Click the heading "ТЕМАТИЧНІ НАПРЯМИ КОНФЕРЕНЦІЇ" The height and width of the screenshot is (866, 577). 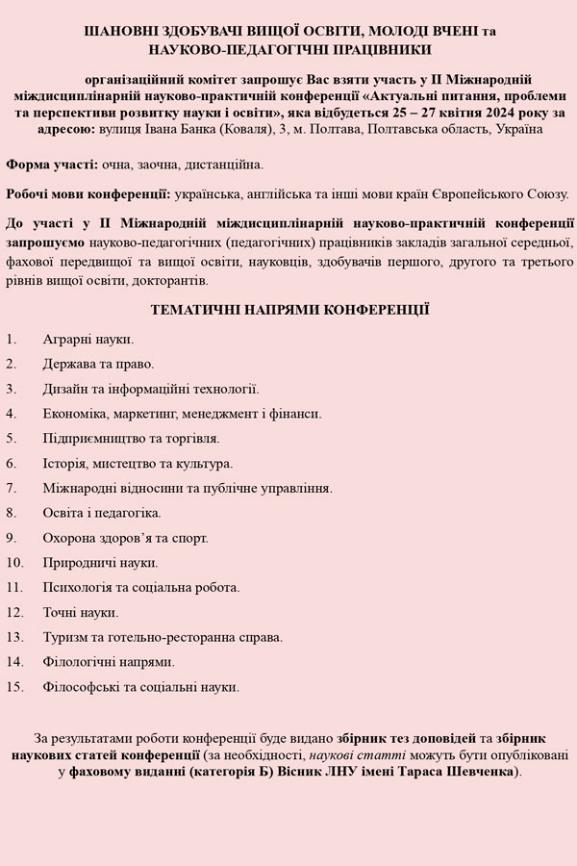[x=289, y=310]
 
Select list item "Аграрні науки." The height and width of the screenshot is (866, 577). [x=88, y=339]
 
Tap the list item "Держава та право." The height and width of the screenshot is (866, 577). [x=98, y=364]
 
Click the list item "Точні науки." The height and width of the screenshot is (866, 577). [x=81, y=612]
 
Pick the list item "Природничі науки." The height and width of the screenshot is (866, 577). [x=100, y=563]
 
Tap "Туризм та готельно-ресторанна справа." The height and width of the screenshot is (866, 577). [x=163, y=637]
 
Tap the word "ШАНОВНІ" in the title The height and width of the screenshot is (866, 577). [x=119, y=31]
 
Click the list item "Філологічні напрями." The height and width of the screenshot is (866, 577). [x=109, y=662]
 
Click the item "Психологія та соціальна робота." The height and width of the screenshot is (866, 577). [x=141, y=587]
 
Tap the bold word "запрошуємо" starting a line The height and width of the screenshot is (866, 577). [x=43, y=243]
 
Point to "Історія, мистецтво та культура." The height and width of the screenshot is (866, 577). [x=138, y=463]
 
